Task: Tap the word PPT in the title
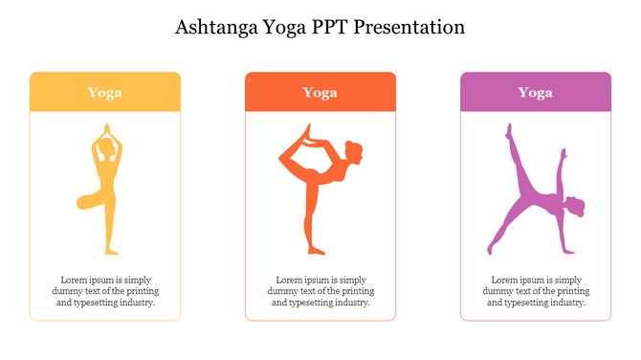(328, 27)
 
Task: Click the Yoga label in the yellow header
(104, 92)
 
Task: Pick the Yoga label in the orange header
(320, 92)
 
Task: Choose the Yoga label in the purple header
(535, 92)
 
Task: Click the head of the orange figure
(354, 151)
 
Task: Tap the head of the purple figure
(575, 207)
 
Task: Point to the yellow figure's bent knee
(82, 203)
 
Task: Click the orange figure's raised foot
(305, 129)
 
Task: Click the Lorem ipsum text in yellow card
(105, 291)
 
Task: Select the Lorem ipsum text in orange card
(320, 291)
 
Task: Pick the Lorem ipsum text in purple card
(536, 291)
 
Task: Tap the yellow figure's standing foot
(111, 251)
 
